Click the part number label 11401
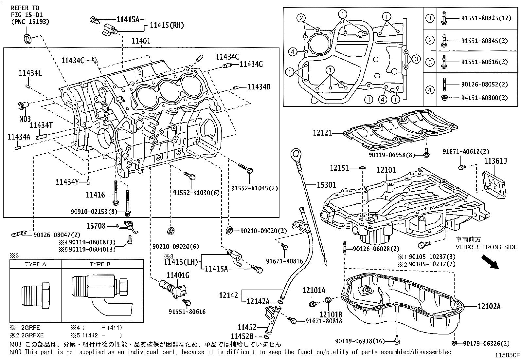click(x=141, y=41)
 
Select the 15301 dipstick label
click(x=326, y=185)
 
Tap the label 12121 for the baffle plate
click(x=322, y=133)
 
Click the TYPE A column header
click(x=35, y=264)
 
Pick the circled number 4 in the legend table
click(x=430, y=90)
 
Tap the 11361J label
click(x=495, y=161)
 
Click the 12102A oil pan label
click(x=489, y=307)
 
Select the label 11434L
click(x=30, y=73)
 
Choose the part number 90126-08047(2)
click(x=57, y=235)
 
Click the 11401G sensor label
click(x=178, y=275)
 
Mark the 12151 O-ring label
click(x=340, y=168)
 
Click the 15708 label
click(x=96, y=226)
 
